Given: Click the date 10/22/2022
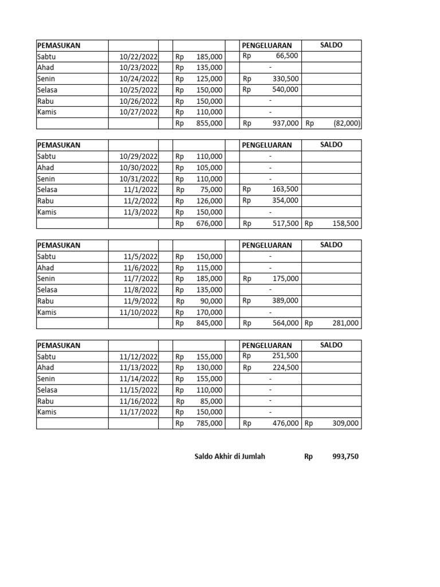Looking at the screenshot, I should click(x=139, y=57).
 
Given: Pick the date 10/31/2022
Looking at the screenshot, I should click(x=139, y=179).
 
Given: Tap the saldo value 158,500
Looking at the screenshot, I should click(x=345, y=224).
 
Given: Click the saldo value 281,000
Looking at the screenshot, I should click(x=345, y=323).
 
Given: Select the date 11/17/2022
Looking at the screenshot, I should click(x=139, y=412).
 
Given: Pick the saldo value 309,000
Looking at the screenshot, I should click(x=345, y=424).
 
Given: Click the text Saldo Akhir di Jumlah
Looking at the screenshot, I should click(x=230, y=457).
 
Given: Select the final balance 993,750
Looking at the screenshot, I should click(x=345, y=457).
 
